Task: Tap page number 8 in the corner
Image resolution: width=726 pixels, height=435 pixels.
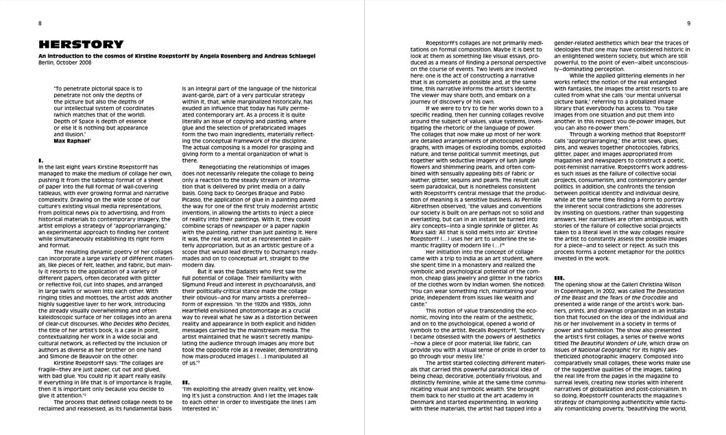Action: coord(40,23)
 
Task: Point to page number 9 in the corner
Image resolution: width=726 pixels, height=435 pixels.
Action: coord(688,23)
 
